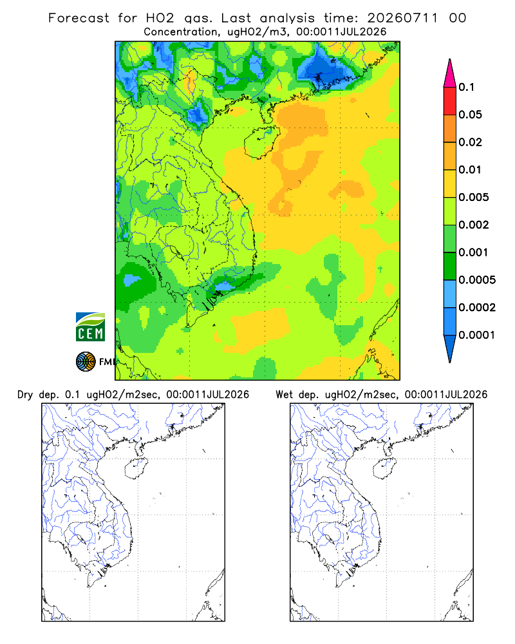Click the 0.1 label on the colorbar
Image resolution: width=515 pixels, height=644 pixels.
466,87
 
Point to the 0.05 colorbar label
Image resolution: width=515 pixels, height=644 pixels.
470,115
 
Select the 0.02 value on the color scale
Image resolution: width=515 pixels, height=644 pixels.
470,142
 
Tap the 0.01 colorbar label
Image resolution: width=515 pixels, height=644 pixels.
470,169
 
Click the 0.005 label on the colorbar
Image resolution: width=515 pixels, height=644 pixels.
474,197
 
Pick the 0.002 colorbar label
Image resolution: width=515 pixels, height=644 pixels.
474,225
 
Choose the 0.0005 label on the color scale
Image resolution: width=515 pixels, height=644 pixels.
477,279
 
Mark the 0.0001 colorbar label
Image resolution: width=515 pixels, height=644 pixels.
477,335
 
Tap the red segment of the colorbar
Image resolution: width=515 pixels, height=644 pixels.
450,101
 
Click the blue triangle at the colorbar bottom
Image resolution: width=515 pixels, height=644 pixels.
450,347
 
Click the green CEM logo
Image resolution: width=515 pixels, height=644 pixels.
90,327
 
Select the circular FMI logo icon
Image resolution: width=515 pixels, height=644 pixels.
86,362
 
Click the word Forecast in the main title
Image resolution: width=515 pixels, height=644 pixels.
79,18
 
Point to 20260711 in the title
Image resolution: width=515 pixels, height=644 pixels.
402,18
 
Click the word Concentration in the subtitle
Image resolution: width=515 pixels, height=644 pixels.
181,32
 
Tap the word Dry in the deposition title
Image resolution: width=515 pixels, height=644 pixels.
25,395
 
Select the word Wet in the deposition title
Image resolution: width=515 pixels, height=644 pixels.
284,395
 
